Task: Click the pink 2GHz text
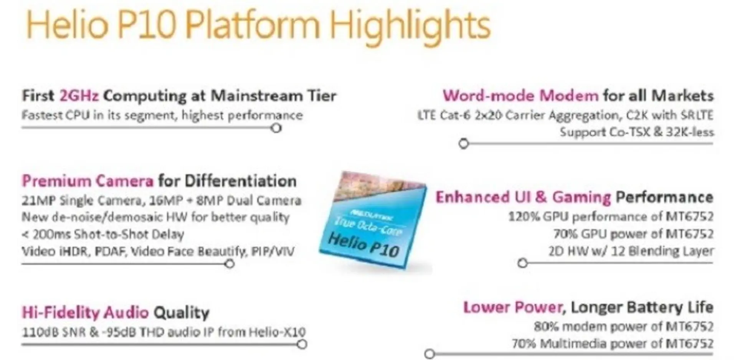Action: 79,96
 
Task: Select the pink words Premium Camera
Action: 88,181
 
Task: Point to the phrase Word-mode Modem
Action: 521,96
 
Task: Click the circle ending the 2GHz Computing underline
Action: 276,128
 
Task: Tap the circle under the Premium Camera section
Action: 230,264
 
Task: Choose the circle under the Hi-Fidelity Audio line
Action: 302,344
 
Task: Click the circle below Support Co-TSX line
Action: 464,144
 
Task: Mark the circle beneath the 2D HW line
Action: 522,263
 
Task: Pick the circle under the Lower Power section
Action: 430,353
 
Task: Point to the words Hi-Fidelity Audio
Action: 85,313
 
